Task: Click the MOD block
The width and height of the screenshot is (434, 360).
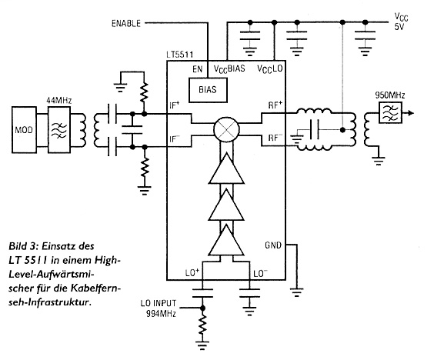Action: pyautogui.click(x=24, y=130)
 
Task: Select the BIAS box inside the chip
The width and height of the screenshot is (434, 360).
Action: pyautogui.click(x=208, y=90)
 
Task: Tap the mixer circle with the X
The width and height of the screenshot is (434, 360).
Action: pyautogui.click(x=226, y=129)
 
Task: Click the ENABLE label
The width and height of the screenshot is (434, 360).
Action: pyautogui.click(x=126, y=24)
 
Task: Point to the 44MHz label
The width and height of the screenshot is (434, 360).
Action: pyautogui.click(x=59, y=100)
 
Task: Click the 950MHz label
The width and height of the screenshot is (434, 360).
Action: pyautogui.click(x=389, y=95)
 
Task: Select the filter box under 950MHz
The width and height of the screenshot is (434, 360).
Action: pyautogui.click(x=390, y=112)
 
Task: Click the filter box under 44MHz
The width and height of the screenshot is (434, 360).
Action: pyautogui.click(x=59, y=130)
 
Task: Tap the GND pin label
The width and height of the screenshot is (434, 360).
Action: pyautogui.click(x=273, y=245)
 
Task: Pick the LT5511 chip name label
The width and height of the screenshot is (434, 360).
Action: pyautogui.click(x=179, y=55)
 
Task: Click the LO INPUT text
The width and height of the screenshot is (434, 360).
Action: pyautogui.click(x=158, y=304)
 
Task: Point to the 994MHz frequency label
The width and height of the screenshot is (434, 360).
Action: pyautogui.click(x=161, y=314)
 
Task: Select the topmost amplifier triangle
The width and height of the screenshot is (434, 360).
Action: pyautogui.click(x=226, y=168)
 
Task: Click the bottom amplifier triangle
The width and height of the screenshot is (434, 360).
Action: pyautogui.click(x=226, y=240)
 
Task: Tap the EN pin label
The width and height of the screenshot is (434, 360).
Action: pyautogui.click(x=198, y=69)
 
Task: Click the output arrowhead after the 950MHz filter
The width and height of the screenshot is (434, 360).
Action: pyautogui.click(x=411, y=113)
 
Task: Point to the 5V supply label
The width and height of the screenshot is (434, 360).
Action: pyautogui.click(x=399, y=27)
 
